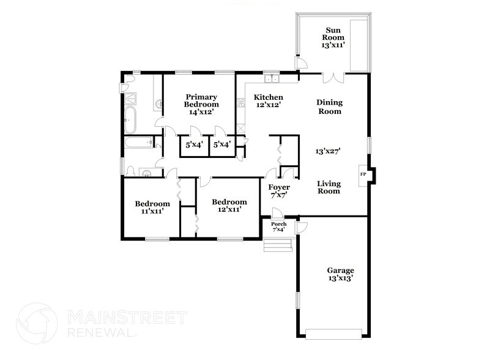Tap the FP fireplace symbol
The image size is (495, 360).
tap(363, 175)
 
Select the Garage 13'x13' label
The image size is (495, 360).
tap(340, 274)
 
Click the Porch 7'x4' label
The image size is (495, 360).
tap(279, 227)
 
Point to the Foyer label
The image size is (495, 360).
tap(279, 190)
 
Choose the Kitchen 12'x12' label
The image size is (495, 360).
tap(269, 101)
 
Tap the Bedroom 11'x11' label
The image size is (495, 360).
tap(152, 207)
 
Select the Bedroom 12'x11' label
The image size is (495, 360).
tap(229, 206)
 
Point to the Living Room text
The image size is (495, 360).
tap(329, 187)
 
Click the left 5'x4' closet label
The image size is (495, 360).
tap(195, 145)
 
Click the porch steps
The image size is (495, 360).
tap(277, 246)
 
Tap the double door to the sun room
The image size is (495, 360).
tap(333, 78)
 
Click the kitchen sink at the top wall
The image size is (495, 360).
tap(271, 79)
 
